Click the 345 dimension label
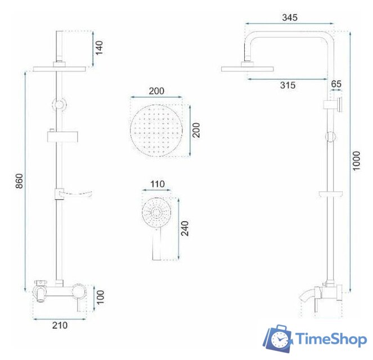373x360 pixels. (x=290, y=17)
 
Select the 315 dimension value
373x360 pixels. (x=287, y=85)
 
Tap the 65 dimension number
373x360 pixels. (x=336, y=84)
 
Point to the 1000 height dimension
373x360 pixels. (x=356, y=161)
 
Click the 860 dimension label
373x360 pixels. (x=19, y=181)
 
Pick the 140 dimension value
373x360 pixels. (x=99, y=48)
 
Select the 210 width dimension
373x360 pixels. (x=60, y=325)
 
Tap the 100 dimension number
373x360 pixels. (x=100, y=297)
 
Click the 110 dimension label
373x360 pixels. (x=157, y=184)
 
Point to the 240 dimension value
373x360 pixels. (x=185, y=228)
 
